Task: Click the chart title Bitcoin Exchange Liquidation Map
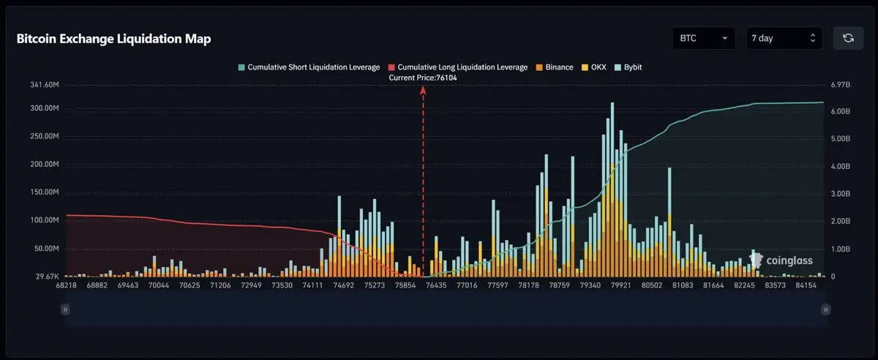pyautogui.click(x=113, y=40)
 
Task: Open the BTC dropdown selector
pyautogui.click(x=704, y=38)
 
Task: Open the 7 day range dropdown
pyautogui.click(x=784, y=38)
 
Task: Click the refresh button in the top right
pyautogui.click(x=848, y=38)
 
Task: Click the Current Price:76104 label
pyautogui.click(x=423, y=78)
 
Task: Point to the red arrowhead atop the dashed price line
pyautogui.click(x=423, y=89)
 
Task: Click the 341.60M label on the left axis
pyautogui.click(x=42, y=85)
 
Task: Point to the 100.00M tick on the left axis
pyautogui.click(x=42, y=220)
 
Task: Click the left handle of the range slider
pyautogui.click(x=65, y=310)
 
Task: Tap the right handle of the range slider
pyautogui.click(x=826, y=310)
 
